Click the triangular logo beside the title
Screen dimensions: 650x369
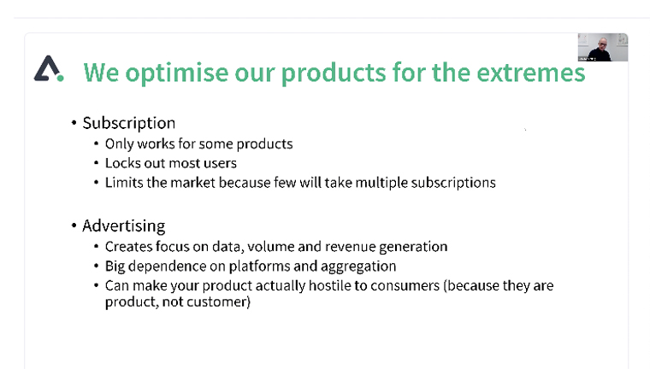pos(49,68)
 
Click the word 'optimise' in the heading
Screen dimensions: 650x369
pos(176,73)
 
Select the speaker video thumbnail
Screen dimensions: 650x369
pos(603,47)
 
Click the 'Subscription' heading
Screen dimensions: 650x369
pos(129,123)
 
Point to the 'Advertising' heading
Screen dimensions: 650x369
pos(123,226)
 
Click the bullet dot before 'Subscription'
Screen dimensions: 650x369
pos(74,123)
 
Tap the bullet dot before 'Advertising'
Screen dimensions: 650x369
pos(74,225)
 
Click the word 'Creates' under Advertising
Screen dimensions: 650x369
pos(127,247)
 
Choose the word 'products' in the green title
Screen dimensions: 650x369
pos(334,73)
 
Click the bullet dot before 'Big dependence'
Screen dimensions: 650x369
pos(96,266)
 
